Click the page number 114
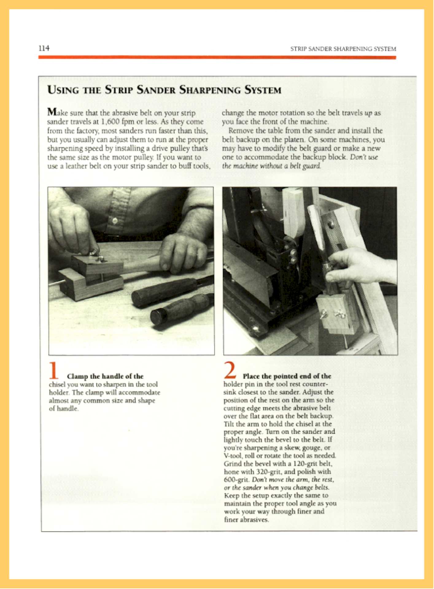click(44, 48)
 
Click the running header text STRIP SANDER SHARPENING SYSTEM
click(343, 49)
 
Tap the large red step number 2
click(230, 370)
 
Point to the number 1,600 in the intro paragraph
click(110, 122)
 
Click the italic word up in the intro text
click(368, 113)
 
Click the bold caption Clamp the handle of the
click(105, 376)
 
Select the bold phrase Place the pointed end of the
click(287, 376)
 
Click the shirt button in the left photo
click(115, 221)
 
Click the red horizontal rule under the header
click(217, 57)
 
